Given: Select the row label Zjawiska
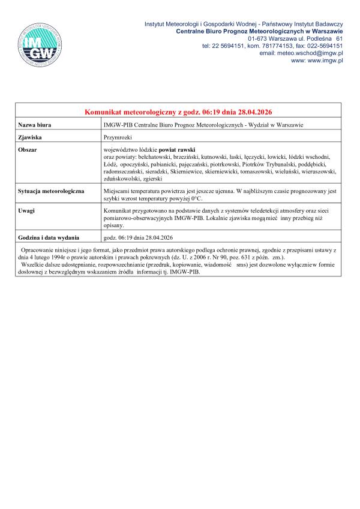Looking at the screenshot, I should pyautogui.click(x=30, y=137).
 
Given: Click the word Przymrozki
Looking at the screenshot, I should pyautogui.click(x=118, y=137).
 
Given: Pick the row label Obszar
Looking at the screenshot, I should pyautogui.click(x=28, y=149).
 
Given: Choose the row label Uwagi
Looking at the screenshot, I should pyautogui.click(x=28, y=212).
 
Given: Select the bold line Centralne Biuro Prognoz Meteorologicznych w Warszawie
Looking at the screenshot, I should pyautogui.click(x=259, y=30).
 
